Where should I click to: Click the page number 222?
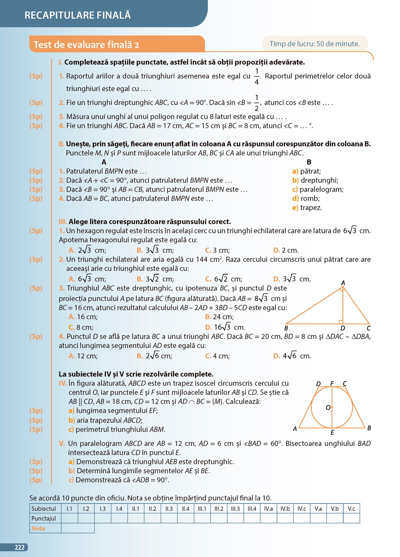[20, 548]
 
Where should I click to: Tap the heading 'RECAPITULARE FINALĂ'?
[77, 15]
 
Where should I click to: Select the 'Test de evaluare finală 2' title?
[86, 45]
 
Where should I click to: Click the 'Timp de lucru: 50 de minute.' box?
[314, 44]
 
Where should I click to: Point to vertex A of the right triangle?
[343, 283]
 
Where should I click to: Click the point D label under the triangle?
[343, 328]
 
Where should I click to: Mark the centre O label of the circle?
[328, 408]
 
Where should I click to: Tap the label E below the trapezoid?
[332, 433]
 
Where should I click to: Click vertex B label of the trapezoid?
[369, 428]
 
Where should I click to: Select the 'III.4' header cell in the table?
[252, 509]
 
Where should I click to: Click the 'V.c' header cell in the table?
[352, 509]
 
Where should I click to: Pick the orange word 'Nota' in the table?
[38, 528]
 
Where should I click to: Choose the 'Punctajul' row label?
[44, 519]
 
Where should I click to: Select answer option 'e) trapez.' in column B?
[307, 208]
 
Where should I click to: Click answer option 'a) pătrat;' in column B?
[307, 171]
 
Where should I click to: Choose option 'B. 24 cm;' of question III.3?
[220, 317]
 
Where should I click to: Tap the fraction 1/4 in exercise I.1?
[257, 76]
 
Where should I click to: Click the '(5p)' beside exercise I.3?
[36, 117]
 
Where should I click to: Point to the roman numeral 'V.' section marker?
[62, 444]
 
